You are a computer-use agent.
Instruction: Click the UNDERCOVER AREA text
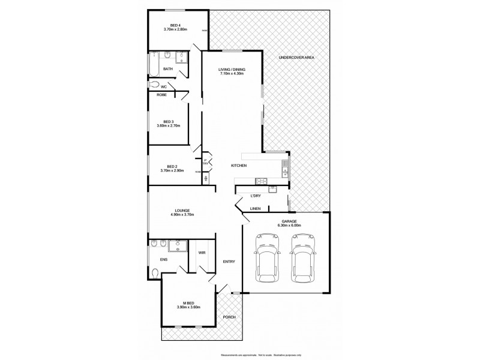click(296, 57)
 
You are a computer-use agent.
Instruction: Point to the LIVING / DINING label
click(232, 70)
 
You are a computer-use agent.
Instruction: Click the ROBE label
click(161, 95)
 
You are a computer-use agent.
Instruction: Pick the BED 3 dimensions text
click(169, 125)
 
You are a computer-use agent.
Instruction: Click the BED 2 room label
click(172, 166)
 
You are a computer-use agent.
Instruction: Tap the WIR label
click(202, 253)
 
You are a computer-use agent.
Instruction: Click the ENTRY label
click(229, 262)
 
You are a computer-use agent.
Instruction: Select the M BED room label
click(187, 302)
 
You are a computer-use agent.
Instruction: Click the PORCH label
click(229, 317)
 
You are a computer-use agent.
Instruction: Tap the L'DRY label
click(256, 196)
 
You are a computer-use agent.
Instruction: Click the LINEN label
click(255, 209)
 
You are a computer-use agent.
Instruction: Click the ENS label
click(163, 259)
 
